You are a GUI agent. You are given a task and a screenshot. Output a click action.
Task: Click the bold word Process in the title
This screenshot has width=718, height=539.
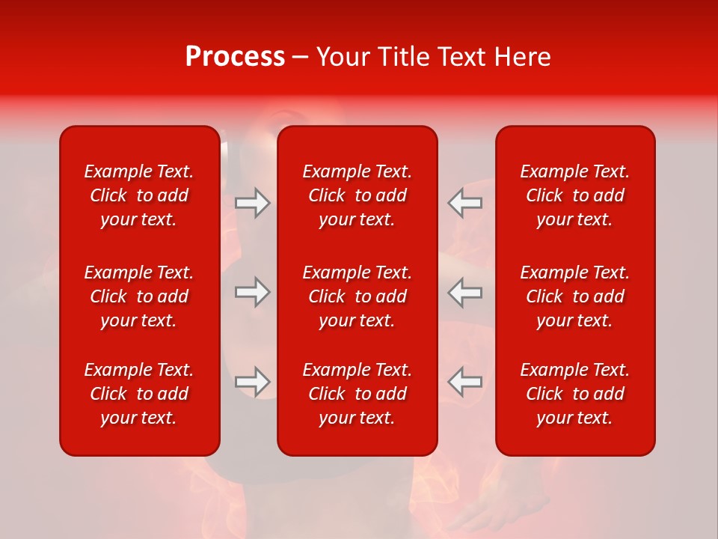pyautogui.click(x=235, y=57)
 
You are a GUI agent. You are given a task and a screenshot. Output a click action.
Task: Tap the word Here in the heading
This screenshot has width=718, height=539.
pyautogui.click(x=522, y=57)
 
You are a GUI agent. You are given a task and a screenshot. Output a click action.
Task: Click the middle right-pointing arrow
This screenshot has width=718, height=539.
pyautogui.click(x=252, y=292)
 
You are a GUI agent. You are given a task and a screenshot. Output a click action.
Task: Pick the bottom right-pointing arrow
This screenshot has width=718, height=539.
pyautogui.click(x=252, y=382)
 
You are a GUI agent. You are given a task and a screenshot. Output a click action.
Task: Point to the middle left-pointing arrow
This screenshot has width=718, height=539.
pyautogui.click(x=464, y=292)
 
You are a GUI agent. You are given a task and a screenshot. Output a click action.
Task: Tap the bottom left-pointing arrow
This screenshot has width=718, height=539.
pyautogui.click(x=464, y=382)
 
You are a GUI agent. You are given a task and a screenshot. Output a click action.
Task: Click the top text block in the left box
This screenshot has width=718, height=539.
pyautogui.click(x=139, y=195)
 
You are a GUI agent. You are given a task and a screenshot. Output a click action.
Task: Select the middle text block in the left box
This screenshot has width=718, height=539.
pyautogui.click(x=139, y=296)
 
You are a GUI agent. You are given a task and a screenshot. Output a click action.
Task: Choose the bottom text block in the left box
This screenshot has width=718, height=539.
pyautogui.click(x=139, y=394)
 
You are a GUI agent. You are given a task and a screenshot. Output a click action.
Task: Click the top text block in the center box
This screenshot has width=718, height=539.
pyautogui.click(x=358, y=195)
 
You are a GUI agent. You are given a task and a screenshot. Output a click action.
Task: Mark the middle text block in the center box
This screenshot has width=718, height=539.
pyautogui.click(x=358, y=296)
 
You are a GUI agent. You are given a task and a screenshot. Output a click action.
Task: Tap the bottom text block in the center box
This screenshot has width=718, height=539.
pyautogui.click(x=358, y=394)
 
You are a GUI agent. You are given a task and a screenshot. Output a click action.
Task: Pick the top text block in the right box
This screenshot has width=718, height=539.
pyautogui.click(x=575, y=195)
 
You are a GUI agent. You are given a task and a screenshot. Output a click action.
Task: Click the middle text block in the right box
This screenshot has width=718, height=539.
pyautogui.click(x=575, y=296)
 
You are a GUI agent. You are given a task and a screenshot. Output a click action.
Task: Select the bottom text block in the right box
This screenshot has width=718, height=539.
pyautogui.click(x=575, y=394)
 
